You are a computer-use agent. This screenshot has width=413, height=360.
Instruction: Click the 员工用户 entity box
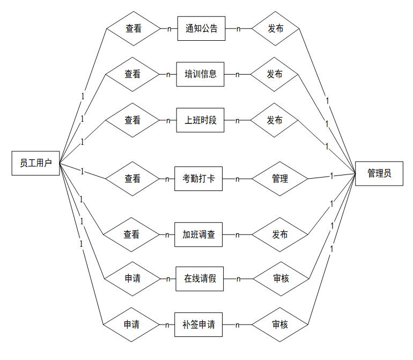point(36,163)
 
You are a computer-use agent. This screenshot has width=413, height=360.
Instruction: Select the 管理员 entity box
point(379,173)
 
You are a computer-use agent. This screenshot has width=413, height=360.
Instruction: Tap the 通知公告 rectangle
point(201,28)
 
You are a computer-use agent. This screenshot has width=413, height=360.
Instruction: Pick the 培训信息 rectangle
point(200,74)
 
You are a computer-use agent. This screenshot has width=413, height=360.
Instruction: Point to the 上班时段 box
point(200,120)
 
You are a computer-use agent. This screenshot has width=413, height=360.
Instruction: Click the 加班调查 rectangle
point(198,234)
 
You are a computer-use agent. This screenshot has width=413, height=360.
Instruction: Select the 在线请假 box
point(200,278)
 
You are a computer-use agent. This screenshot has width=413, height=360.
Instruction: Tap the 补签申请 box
point(198,325)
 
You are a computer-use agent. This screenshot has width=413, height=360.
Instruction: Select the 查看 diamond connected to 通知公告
point(134,28)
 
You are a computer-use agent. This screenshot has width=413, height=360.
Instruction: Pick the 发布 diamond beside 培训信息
point(275,74)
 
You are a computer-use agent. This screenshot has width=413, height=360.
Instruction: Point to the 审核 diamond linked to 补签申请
point(280,325)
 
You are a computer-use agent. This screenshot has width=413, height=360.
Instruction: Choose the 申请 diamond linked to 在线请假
point(132,278)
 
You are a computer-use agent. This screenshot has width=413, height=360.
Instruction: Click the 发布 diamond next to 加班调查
point(280,234)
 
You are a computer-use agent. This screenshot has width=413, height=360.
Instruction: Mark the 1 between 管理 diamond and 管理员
point(332,175)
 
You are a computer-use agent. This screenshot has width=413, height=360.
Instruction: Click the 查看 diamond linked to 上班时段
point(132,120)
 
